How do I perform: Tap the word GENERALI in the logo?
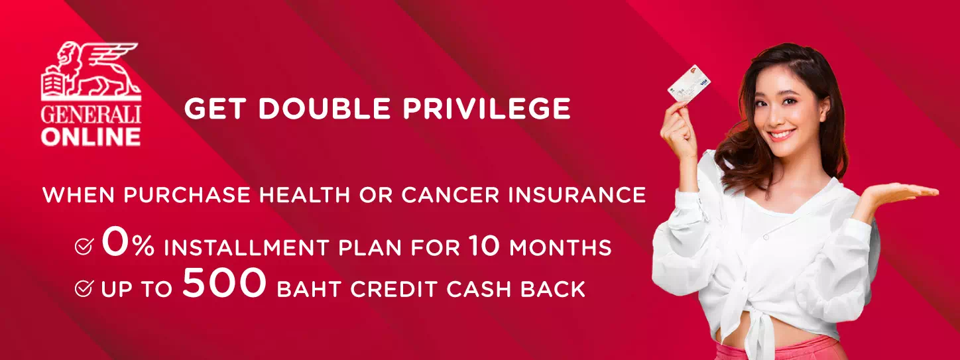click(91, 115)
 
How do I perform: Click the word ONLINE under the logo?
click(91, 137)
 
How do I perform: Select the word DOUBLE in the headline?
click(324, 108)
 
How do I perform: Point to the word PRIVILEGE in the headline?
click(487, 108)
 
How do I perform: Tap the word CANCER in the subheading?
click(450, 194)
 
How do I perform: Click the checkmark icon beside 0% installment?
click(84, 246)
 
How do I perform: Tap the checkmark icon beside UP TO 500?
click(84, 288)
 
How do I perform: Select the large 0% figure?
click(128, 243)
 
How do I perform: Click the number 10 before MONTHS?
click(484, 245)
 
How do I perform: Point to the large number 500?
click(224, 282)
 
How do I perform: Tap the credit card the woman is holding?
click(689, 83)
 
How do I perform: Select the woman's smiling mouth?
click(781, 135)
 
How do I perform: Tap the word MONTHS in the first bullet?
click(560, 248)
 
